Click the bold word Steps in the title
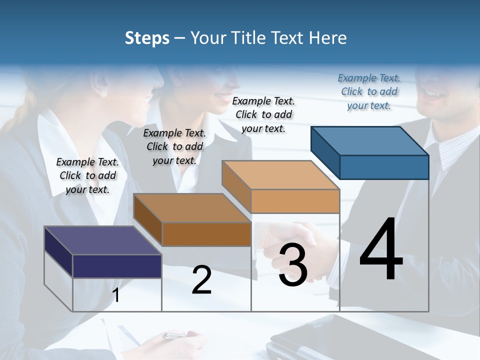[x=147, y=38]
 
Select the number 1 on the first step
[x=116, y=295]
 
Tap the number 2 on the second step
[x=201, y=280]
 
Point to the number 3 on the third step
[x=292, y=265]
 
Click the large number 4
[x=381, y=250]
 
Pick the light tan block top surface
[x=280, y=175]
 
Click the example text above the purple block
[x=87, y=175]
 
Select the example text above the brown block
[x=174, y=146]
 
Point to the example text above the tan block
[x=263, y=114]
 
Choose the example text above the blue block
[x=369, y=91]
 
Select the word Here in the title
[x=327, y=38]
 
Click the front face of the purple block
[x=117, y=266]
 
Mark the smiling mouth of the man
[x=434, y=93]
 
